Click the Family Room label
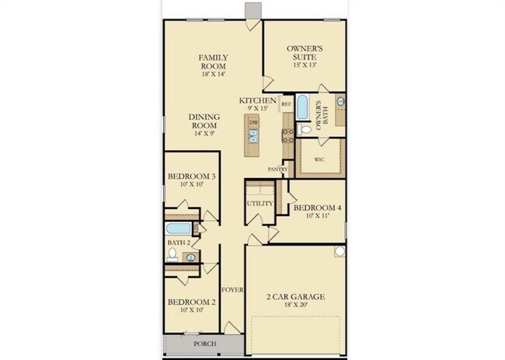tap(213, 62)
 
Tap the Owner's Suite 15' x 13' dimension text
tap(305, 65)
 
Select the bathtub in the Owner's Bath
tap(302, 107)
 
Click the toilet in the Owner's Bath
tap(303, 130)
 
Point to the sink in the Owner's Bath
tap(341, 102)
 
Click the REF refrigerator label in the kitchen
tap(287, 104)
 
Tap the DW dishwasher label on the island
tap(254, 123)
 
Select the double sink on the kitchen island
tap(254, 136)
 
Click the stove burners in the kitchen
tap(288, 136)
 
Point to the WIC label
tap(319, 159)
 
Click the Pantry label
tap(277, 170)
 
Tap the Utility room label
tap(260, 204)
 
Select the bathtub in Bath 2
tap(179, 229)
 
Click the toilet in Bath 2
tap(172, 254)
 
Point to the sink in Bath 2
tap(191, 257)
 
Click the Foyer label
tap(232, 290)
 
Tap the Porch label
tap(205, 344)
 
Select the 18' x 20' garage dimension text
tap(296, 304)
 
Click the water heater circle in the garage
tap(340, 251)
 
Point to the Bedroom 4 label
tap(317, 208)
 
